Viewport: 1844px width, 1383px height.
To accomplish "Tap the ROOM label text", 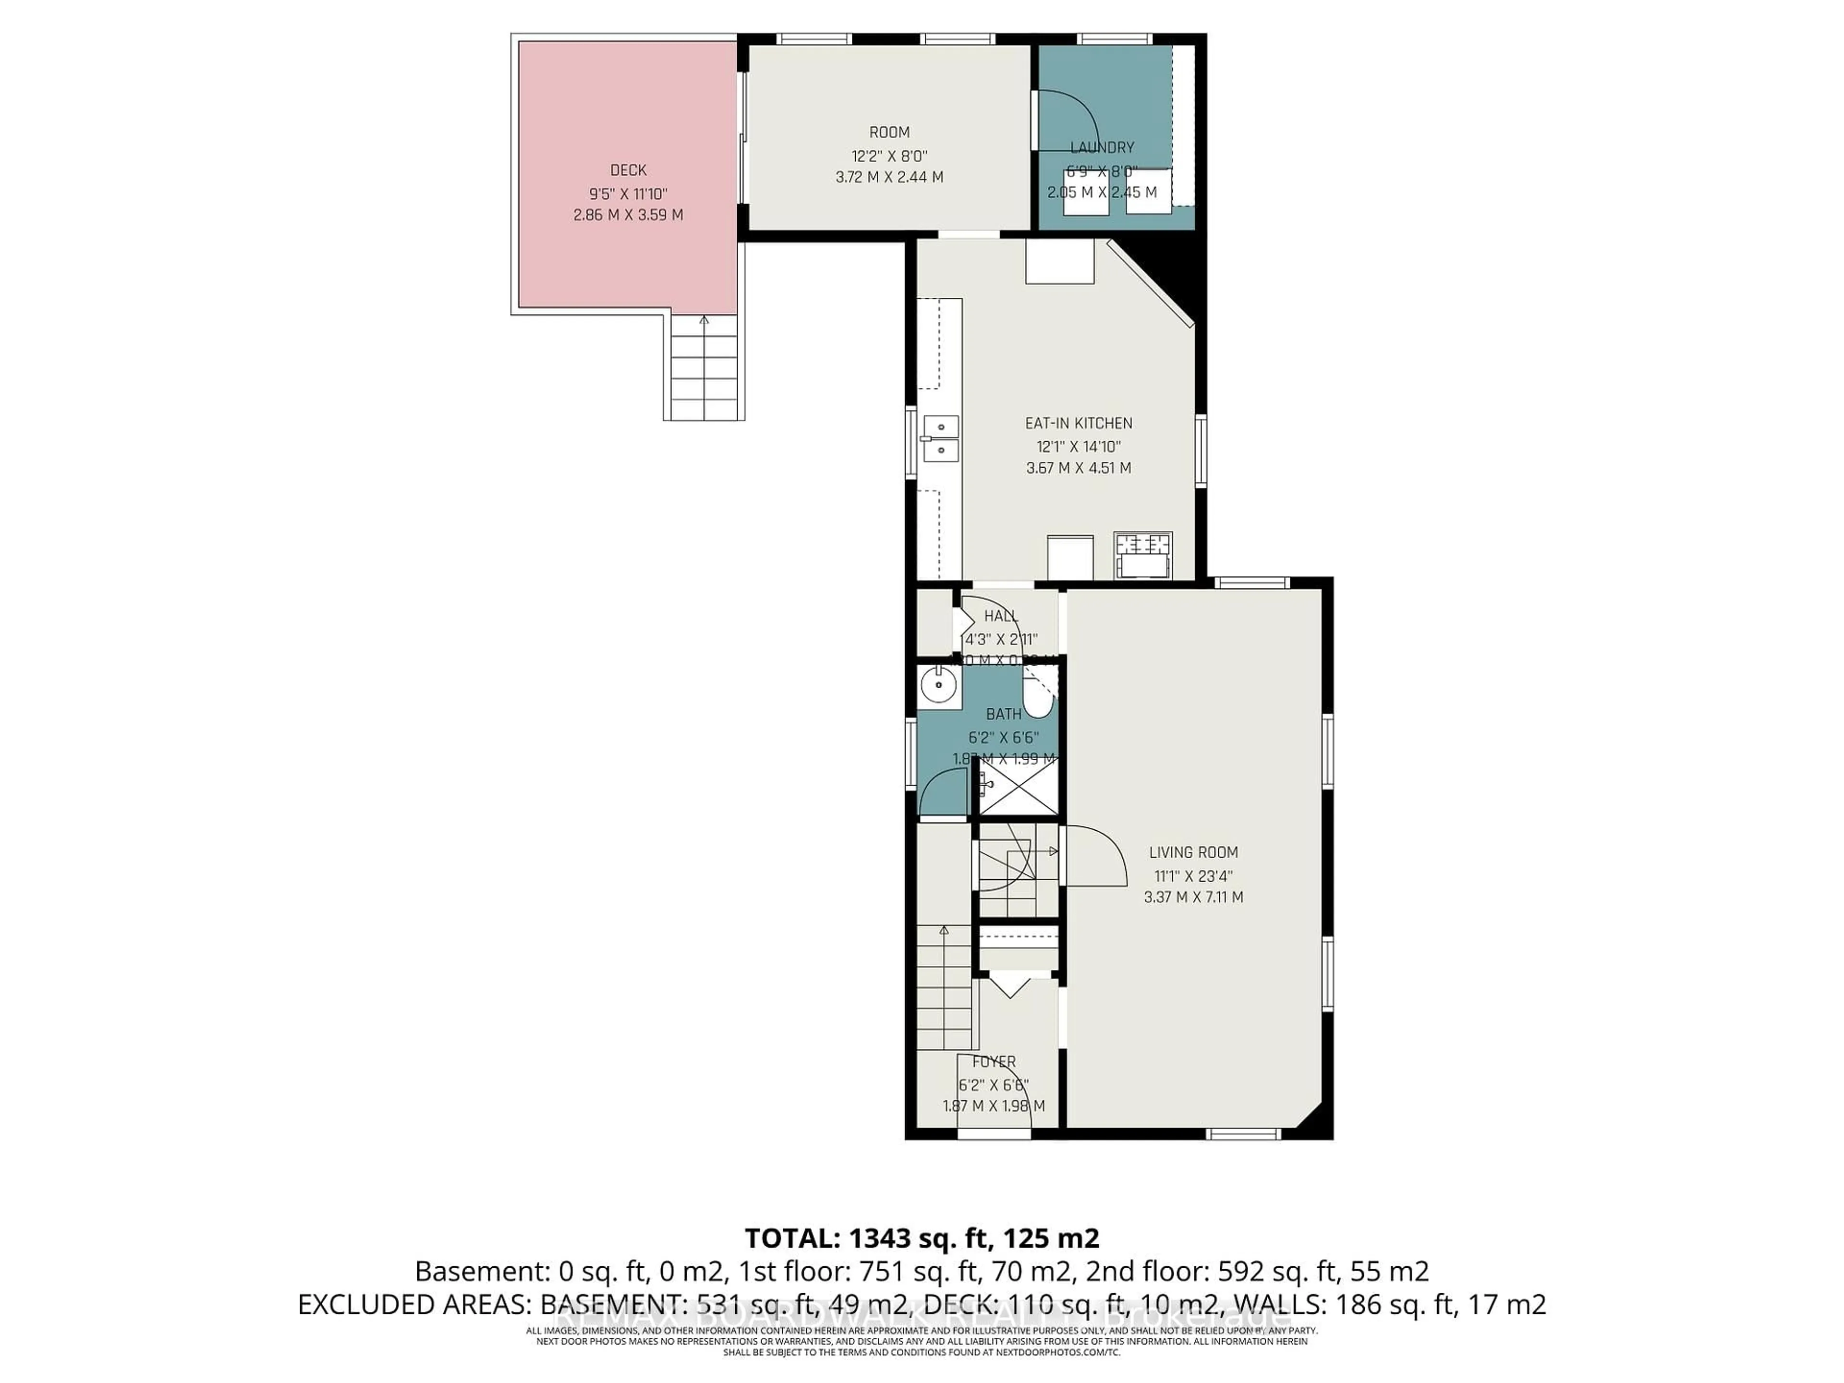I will (x=889, y=132).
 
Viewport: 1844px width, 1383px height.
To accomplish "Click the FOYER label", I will (x=994, y=1062).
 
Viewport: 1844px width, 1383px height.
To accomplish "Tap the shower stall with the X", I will (x=1017, y=786).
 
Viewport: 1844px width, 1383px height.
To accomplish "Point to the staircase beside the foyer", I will (x=946, y=988).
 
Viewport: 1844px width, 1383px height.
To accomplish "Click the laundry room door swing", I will (x=1069, y=121).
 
